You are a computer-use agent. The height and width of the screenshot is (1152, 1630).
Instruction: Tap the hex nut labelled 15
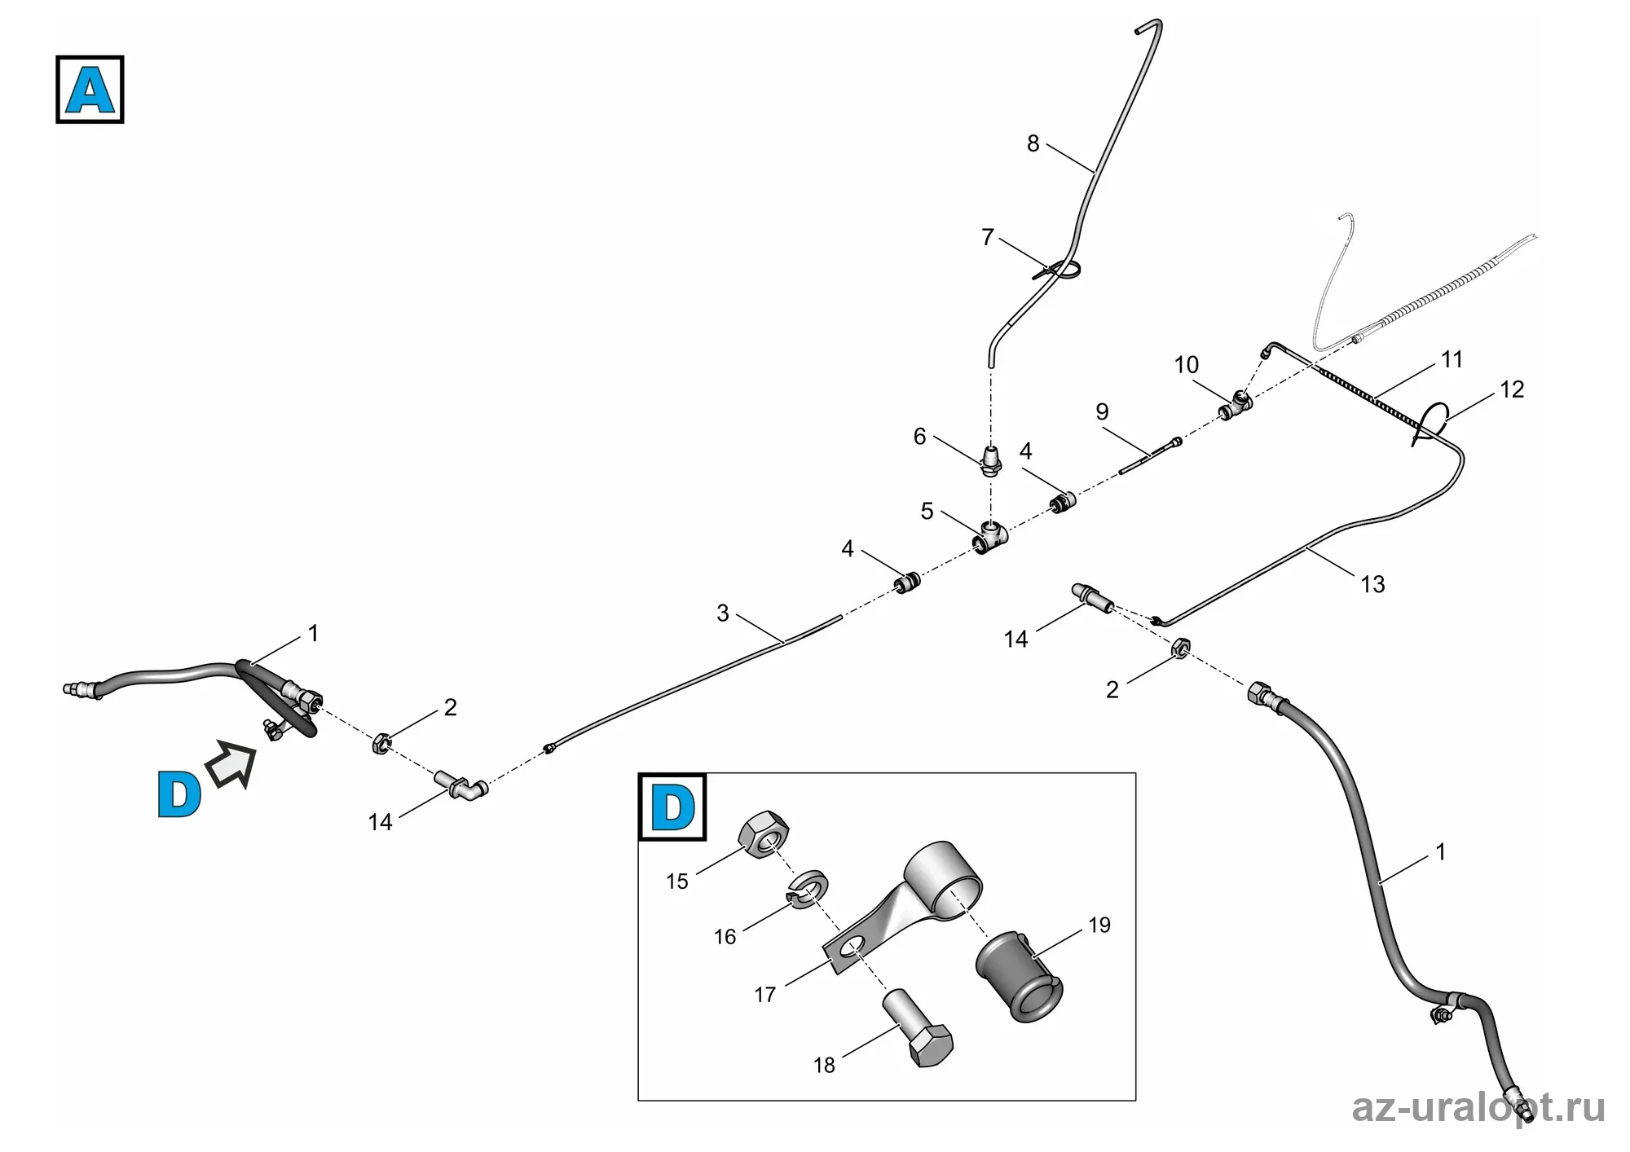pos(764,835)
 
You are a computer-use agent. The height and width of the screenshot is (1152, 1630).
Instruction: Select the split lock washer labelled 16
pos(807,887)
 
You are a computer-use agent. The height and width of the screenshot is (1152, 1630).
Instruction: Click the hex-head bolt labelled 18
pos(918,1028)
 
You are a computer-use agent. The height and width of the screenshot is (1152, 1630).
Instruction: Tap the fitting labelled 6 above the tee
pos(991,460)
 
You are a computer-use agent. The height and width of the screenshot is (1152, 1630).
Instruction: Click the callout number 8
pos(1033,144)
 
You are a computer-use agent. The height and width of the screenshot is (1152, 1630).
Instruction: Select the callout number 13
pos(1372,584)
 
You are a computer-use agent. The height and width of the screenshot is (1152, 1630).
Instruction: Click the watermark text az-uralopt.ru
pos(1478,1108)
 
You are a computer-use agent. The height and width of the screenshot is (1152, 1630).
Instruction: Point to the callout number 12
pos(1511,389)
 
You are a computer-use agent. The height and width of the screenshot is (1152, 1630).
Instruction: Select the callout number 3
pos(722,613)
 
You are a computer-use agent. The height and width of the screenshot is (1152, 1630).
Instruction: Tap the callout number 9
pos(1102,411)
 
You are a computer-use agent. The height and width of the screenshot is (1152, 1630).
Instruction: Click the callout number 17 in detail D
pos(764,995)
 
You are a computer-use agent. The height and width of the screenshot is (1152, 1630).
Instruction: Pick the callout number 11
pos(1452,359)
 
